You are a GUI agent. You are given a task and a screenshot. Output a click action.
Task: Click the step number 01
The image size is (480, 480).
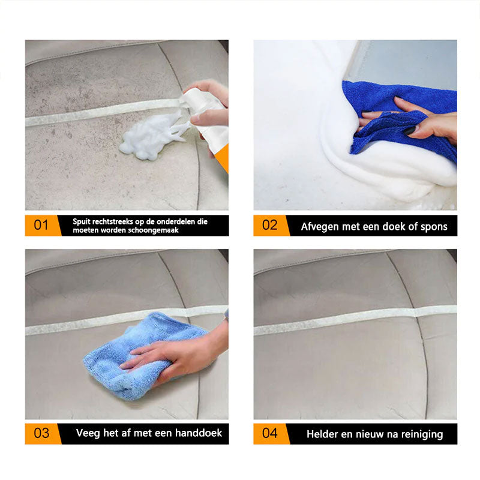[41, 226]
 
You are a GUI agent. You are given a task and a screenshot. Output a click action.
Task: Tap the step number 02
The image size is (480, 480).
[270, 226]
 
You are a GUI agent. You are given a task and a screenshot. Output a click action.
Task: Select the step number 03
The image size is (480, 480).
[41, 433]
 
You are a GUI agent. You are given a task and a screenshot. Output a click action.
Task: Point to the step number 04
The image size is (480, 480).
[270, 433]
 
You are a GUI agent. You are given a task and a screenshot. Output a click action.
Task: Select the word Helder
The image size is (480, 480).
[322, 434]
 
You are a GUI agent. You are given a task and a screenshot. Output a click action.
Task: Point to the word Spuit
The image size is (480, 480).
[83, 221]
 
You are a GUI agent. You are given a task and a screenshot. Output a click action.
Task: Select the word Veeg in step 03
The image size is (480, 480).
[88, 433]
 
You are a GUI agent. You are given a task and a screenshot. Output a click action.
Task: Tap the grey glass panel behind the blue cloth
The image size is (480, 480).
[414, 63]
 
